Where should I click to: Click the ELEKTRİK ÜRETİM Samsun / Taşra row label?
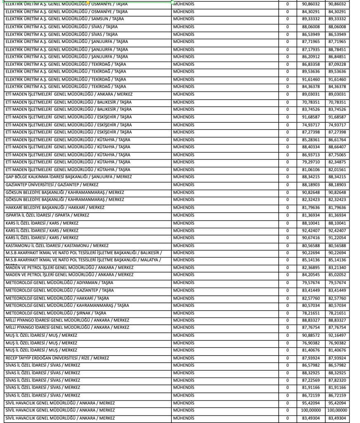point(64,19)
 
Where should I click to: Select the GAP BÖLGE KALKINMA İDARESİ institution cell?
point(68,177)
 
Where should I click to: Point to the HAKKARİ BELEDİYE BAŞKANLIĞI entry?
point(54,207)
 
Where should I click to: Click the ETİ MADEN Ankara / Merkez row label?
point(69,94)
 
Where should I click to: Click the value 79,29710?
point(310,162)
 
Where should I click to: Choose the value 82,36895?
point(310,268)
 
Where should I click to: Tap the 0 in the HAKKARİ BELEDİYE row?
point(287,207)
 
